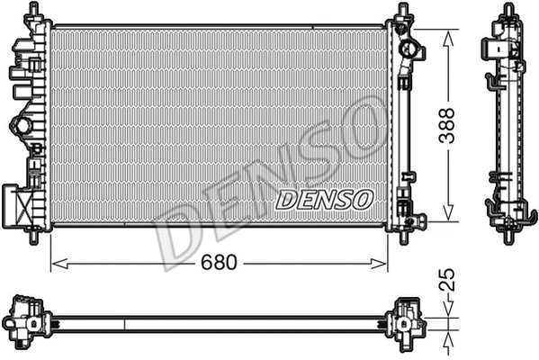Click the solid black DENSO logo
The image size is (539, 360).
(321, 199)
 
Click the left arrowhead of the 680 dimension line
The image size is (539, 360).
(54, 264)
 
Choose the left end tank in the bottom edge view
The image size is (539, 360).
(28, 319)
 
